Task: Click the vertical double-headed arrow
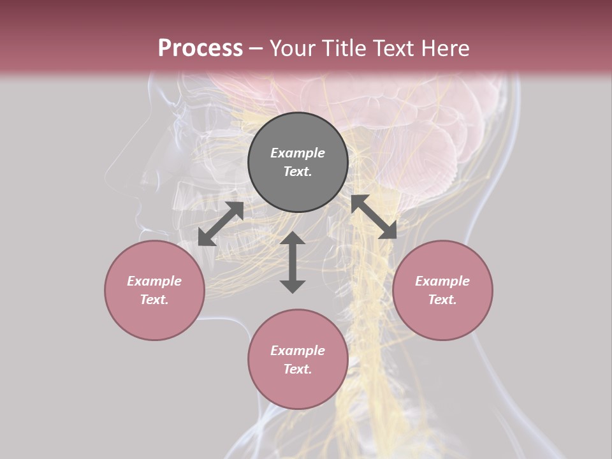(x=293, y=262)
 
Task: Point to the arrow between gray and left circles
(x=221, y=224)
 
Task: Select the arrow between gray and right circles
(x=374, y=217)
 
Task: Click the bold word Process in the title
(x=200, y=48)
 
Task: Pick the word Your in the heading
(x=292, y=48)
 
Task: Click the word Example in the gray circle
(x=298, y=153)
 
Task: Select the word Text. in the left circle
(x=154, y=300)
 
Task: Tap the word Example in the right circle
(x=442, y=281)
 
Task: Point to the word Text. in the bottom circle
(x=298, y=369)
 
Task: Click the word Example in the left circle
(x=154, y=281)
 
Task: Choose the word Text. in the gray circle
(x=298, y=171)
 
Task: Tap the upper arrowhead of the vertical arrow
(x=293, y=239)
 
